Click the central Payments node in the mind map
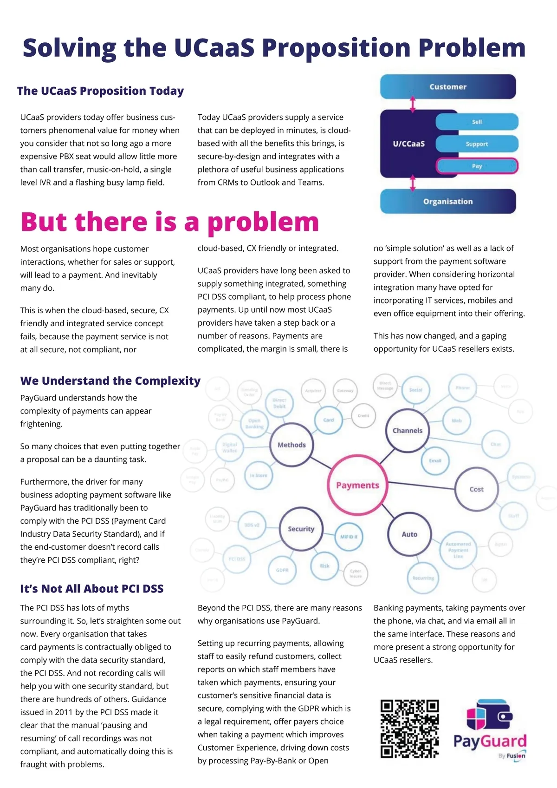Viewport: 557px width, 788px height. click(x=357, y=486)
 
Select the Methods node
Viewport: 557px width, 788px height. click(x=291, y=445)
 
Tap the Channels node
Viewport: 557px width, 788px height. click(x=408, y=431)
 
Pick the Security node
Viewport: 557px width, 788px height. click(x=301, y=529)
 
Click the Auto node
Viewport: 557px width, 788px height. click(x=409, y=534)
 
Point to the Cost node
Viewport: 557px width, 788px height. click(x=476, y=489)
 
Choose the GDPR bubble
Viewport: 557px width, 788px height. click(x=282, y=570)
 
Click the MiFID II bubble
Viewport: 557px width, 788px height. click(x=349, y=537)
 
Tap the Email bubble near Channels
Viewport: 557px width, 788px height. click(x=435, y=461)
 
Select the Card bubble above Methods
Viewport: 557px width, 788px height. click(x=329, y=420)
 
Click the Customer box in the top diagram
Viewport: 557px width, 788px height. click(x=448, y=87)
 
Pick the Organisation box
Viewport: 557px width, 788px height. click(x=448, y=202)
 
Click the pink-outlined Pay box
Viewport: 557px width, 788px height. click(x=477, y=166)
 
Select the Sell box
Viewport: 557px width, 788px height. click(x=477, y=122)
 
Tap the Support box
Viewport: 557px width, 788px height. click(x=477, y=144)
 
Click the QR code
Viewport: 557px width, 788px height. click(x=409, y=729)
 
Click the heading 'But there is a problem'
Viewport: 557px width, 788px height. click(x=170, y=222)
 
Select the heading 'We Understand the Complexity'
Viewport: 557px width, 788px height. click(x=110, y=381)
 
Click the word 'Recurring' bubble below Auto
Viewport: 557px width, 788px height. click(x=423, y=578)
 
